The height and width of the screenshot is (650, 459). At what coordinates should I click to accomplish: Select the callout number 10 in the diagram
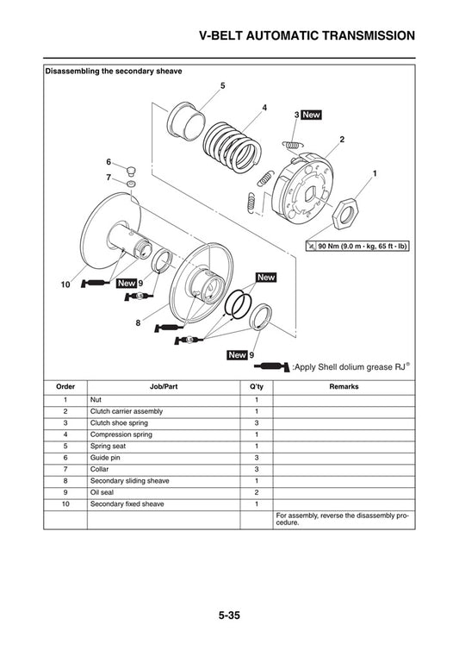coord(64,284)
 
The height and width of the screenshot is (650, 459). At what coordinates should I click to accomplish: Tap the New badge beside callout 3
coord(312,115)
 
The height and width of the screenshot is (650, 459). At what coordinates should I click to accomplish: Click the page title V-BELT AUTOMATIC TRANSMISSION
coord(307,35)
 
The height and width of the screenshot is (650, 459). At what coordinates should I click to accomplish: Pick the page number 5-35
coord(229,616)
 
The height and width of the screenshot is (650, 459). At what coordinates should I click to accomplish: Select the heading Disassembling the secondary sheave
coord(114,72)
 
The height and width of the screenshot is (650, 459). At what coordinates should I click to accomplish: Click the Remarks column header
coord(344,387)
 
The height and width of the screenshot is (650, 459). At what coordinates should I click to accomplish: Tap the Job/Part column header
coord(164,387)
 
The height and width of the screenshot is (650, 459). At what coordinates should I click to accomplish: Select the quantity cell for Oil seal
coord(256,492)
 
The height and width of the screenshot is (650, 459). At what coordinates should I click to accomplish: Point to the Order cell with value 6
coord(65,458)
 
